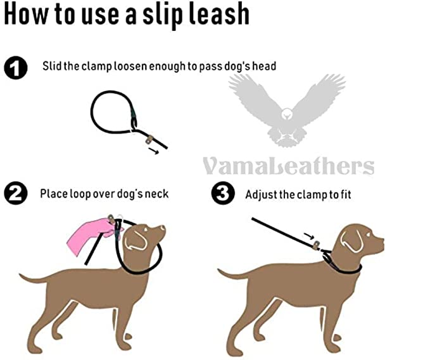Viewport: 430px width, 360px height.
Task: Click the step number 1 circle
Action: [16, 68]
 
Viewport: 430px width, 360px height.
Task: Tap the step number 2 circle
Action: [16, 193]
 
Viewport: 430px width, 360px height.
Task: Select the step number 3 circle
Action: [223, 193]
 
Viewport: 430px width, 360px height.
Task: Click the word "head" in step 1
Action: [264, 66]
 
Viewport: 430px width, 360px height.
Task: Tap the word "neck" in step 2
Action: [156, 194]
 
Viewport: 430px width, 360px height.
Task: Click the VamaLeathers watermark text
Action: [289, 166]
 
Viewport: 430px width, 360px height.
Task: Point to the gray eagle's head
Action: [287, 114]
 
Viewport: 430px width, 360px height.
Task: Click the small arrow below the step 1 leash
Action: [153, 151]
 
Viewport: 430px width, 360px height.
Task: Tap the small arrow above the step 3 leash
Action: [309, 235]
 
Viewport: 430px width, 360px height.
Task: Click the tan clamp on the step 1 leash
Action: [149, 140]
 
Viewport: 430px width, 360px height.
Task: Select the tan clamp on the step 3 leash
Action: [317, 245]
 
